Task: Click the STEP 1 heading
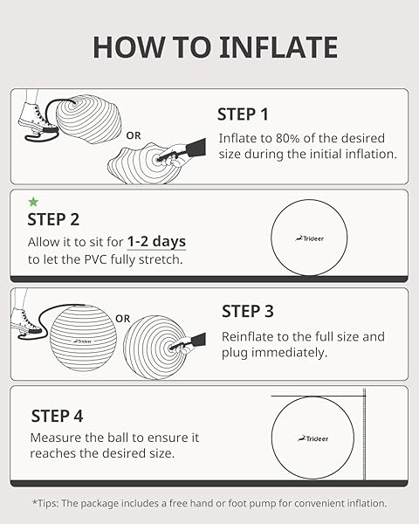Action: [243, 114]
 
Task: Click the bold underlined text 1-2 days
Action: [156, 242]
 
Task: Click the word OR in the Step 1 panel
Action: [134, 135]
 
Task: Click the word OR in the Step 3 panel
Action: [123, 319]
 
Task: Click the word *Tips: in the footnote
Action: [49, 503]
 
